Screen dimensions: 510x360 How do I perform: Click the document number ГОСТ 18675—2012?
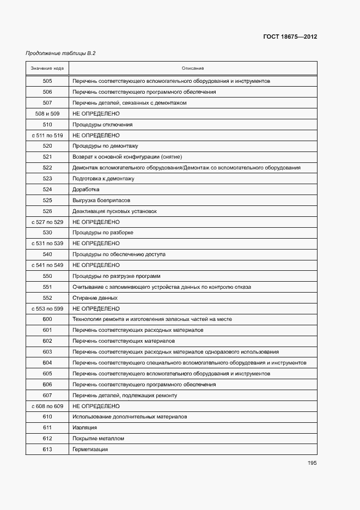291,37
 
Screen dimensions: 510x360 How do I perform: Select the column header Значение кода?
47,68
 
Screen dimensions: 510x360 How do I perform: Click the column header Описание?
193,68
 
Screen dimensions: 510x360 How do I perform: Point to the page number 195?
312,463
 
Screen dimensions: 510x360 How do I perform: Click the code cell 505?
47,81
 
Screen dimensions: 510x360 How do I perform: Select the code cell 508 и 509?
47,114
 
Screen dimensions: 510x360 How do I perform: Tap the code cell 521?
47,157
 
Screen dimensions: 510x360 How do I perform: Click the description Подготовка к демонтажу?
103,179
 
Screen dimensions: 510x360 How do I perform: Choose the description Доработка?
86,190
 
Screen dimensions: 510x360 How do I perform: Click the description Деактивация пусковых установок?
114,211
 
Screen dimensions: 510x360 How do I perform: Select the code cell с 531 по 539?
47,244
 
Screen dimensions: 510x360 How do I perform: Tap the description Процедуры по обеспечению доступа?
119,254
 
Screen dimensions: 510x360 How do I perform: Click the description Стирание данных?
95,298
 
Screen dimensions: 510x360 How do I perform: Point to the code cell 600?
47,319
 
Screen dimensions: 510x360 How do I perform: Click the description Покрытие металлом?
98,439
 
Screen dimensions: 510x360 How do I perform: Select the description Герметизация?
90,450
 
